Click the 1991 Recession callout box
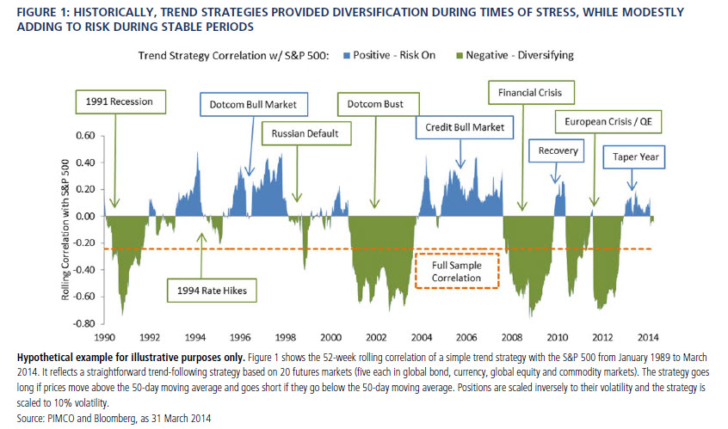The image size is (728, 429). [x=119, y=101]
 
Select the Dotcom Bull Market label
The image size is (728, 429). [x=253, y=106]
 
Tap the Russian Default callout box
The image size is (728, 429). [x=299, y=133]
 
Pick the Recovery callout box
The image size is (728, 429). [x=558, y=151]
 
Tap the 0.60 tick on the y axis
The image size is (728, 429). [x=83, y=135]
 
